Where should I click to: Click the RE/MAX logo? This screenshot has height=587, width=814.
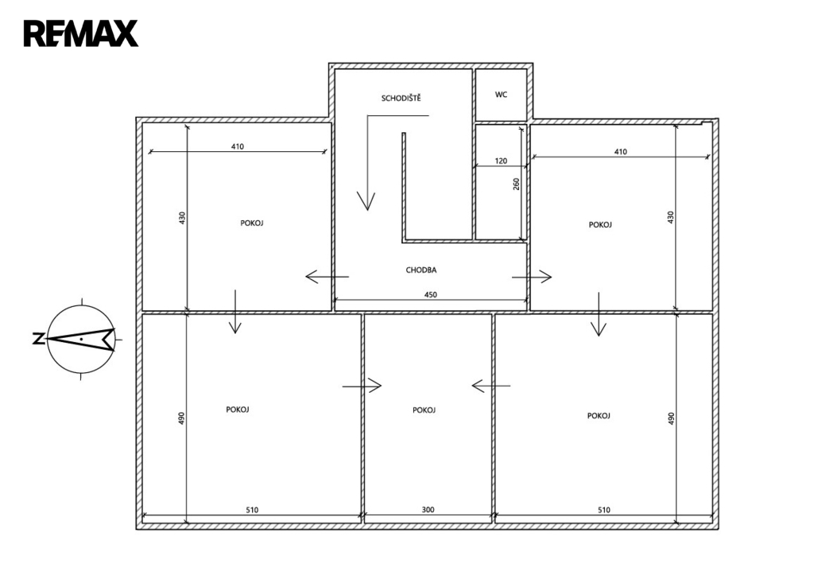coord(80,33)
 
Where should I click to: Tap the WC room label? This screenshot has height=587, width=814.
coord(501,95)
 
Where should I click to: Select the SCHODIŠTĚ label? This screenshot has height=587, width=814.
coord(401,98)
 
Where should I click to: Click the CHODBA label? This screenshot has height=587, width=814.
coord(421,270)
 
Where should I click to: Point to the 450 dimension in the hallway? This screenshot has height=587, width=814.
coord(430,294)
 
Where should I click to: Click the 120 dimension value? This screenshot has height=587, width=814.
coord(501,161)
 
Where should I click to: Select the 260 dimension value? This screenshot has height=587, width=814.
coord(517,184)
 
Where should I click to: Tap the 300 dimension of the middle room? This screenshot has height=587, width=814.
coord(428,510)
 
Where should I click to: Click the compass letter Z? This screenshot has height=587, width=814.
coord(38,339)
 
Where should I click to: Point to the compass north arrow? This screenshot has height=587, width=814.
coord(82,339)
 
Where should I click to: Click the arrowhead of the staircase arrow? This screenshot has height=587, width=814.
coord(366,201)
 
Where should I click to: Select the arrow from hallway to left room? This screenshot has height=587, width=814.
coord(327,276)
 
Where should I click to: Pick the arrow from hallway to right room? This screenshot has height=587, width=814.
coord(532,277)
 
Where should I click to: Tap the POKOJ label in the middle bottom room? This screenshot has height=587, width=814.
coord(424,410)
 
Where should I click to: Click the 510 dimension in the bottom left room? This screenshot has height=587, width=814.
coord(252,510)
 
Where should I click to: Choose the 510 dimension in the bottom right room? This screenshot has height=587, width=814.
coord(604,510)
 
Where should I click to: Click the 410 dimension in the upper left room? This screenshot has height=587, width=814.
coord(237,146)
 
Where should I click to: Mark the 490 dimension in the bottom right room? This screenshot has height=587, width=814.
coord(671,418)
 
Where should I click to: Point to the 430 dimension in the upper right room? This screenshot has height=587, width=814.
coord(670,217)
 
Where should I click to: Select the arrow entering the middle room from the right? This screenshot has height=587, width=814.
coord(491,386)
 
